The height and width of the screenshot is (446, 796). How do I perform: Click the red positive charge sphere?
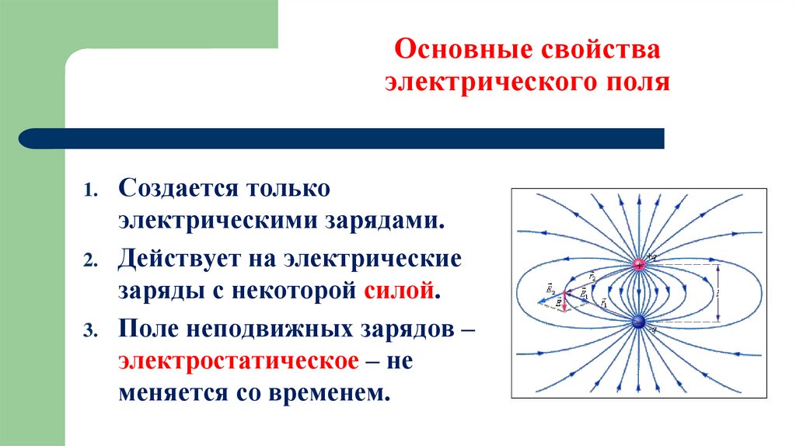[x=639, y=265]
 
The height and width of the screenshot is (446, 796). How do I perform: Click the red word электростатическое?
[x=238, y=361]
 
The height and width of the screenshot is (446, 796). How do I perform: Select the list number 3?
[x=91, y=331]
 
